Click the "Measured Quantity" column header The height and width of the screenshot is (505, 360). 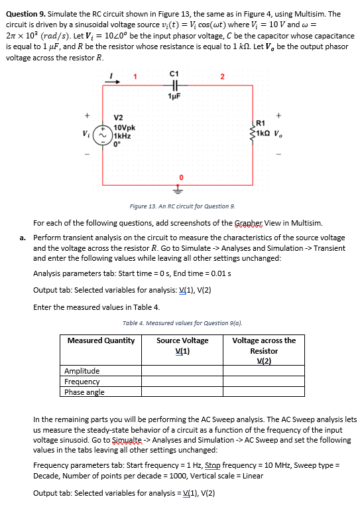coord(101,340)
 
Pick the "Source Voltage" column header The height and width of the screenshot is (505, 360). coord(182,340)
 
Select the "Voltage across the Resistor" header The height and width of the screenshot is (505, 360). coord(264,346)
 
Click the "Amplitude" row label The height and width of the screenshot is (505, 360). coord(82,371)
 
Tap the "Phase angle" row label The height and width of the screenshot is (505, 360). coord(84,392)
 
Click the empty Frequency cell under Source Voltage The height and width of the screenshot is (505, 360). coord(182,382)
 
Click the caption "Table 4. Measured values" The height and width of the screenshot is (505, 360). coord(182,325)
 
